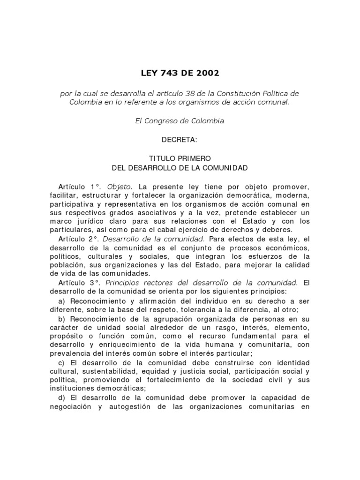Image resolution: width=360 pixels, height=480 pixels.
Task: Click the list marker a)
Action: click(x=61, y=300)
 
